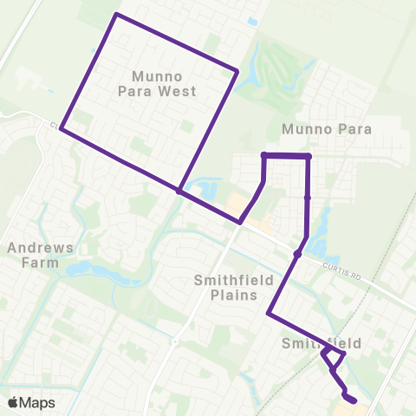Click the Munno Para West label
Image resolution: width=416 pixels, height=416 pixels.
(x=166, y=83)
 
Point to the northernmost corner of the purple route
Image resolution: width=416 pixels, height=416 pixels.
(x=117, y=15)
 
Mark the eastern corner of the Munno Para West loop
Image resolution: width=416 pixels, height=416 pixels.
(x=237, y=71)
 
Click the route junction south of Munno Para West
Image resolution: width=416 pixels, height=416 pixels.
(x=179, y=191)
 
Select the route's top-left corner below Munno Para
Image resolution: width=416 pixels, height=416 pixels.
(x=263, y=155)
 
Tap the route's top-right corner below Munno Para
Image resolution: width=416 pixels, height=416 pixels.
(x=309, y=156)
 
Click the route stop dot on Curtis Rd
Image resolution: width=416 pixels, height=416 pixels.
(x=297, y=254)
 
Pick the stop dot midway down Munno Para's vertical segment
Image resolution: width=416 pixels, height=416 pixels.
(x=308, y=198)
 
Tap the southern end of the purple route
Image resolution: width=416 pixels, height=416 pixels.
(x=354, y=400)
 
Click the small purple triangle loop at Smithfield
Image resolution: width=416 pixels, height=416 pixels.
(x=333, y=356)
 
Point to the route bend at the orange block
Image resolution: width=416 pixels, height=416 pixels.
(x=241, y=222)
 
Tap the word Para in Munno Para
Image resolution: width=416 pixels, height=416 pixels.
(x=354, y=129)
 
